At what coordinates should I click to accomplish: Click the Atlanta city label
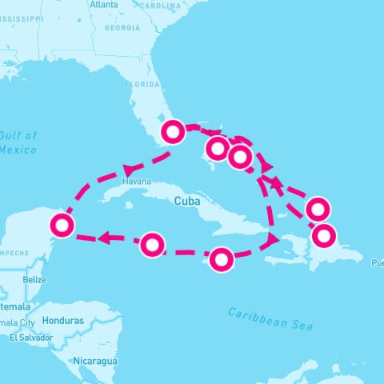point(104,5)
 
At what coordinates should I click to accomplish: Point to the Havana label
point(136,182)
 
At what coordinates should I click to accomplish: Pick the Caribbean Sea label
point(270,318)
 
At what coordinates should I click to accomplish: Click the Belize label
point(34,280)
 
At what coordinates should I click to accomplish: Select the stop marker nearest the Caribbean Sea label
point(222,259)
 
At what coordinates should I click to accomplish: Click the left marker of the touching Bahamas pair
point(218,148)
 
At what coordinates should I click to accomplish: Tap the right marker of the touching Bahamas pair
point(239,157)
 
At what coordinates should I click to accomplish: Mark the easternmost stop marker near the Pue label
point(324,236)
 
